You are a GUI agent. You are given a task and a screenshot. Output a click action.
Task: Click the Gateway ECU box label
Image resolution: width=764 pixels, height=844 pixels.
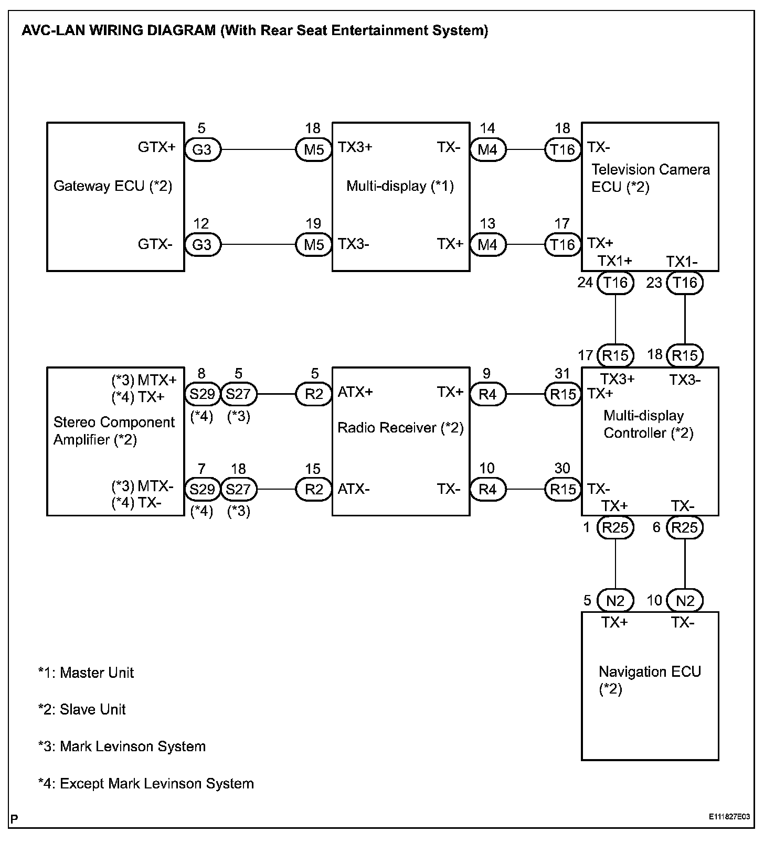coord(113,186)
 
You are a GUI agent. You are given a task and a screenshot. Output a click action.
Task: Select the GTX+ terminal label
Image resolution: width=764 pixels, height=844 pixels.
coord(156,147)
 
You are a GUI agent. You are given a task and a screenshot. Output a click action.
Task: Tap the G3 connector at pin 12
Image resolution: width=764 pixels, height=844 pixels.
coord(202,245)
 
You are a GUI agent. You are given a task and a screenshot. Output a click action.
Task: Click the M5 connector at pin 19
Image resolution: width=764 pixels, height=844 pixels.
coord(314,245)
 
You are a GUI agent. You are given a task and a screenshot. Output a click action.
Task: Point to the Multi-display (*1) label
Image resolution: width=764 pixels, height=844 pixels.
coord(400,186)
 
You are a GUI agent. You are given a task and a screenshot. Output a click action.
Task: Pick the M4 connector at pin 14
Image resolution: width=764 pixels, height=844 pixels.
coord(487,150)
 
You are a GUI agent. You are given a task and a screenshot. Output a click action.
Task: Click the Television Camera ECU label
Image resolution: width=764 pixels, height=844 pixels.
coord(650,178)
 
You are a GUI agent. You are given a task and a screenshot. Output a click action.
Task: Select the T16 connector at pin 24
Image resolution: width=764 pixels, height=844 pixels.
coord(616,283)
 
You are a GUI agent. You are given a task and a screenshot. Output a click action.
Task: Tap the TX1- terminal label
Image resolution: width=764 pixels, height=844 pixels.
coord(682,262)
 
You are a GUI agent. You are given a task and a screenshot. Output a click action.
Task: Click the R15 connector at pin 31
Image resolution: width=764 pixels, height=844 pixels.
coord(563,394)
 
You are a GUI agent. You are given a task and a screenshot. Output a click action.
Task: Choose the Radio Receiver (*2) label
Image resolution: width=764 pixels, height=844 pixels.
coord(400,428)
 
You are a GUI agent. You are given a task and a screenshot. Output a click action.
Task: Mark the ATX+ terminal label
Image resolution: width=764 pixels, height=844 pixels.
coord(355,392)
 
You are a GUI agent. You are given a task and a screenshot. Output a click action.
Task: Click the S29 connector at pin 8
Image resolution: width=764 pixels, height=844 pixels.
coord(202,394)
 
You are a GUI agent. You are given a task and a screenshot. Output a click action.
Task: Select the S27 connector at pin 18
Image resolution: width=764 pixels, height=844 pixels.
coord(239,490)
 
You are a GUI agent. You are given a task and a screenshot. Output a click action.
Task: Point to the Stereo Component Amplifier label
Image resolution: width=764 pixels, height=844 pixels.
coord(114,431)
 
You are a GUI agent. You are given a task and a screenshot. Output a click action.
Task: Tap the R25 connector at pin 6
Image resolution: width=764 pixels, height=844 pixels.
coord(685,527)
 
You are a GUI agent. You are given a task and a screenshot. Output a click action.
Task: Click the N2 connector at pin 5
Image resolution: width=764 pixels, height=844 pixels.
coord(616,601)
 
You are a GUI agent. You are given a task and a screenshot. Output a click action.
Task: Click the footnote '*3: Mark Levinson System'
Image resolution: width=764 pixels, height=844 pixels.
coord(122,746)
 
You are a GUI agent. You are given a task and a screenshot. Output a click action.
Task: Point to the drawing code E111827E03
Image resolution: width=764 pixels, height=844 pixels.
coord(729,817)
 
